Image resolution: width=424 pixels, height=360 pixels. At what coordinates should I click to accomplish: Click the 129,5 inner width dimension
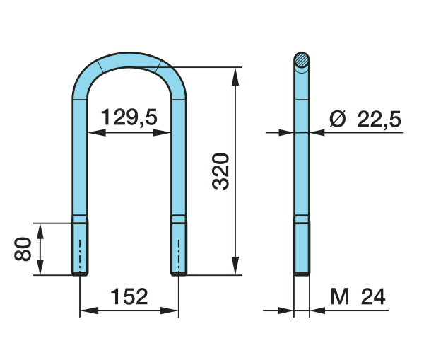pos(129,117)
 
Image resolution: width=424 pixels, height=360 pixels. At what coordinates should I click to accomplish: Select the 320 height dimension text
pos(220,171)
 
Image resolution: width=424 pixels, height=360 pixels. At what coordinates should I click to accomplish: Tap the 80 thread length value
pos(23,249)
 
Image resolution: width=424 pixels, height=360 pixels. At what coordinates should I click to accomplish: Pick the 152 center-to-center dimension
pos(129,296)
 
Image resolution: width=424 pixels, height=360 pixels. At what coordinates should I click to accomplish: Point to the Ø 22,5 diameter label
pos(365,119)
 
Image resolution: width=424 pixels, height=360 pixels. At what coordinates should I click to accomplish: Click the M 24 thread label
pos(358,296)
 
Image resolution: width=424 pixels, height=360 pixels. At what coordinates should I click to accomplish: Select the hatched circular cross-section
pos(302,60)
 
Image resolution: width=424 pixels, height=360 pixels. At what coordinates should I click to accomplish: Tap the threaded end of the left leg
pos(80,249)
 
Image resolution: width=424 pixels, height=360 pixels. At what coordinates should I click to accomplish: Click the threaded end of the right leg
pos(179,249)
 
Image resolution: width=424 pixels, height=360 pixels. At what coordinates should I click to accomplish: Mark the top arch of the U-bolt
pos(129,59)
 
